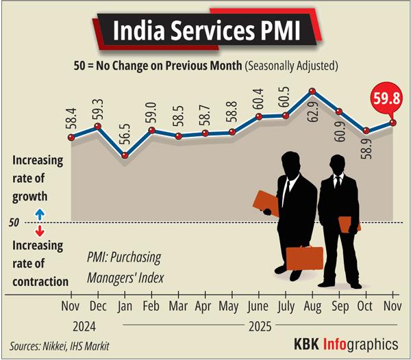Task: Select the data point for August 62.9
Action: coord(312,91)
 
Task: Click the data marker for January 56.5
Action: coord(125,156)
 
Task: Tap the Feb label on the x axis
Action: coord(151,305)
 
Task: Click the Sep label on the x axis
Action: coord(338,305)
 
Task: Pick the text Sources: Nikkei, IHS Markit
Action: coord(60,346)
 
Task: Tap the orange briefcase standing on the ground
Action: coord(304,258)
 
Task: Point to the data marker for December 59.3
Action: coord(98,127)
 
